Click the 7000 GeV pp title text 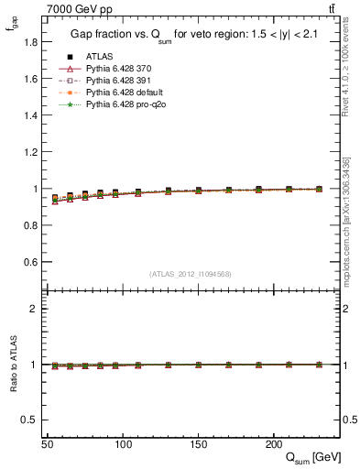(x=81, y=9)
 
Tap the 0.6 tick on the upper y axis (x=35, y=262)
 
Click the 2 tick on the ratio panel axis (x=38, y=309)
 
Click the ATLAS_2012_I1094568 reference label (x=191, y=274)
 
